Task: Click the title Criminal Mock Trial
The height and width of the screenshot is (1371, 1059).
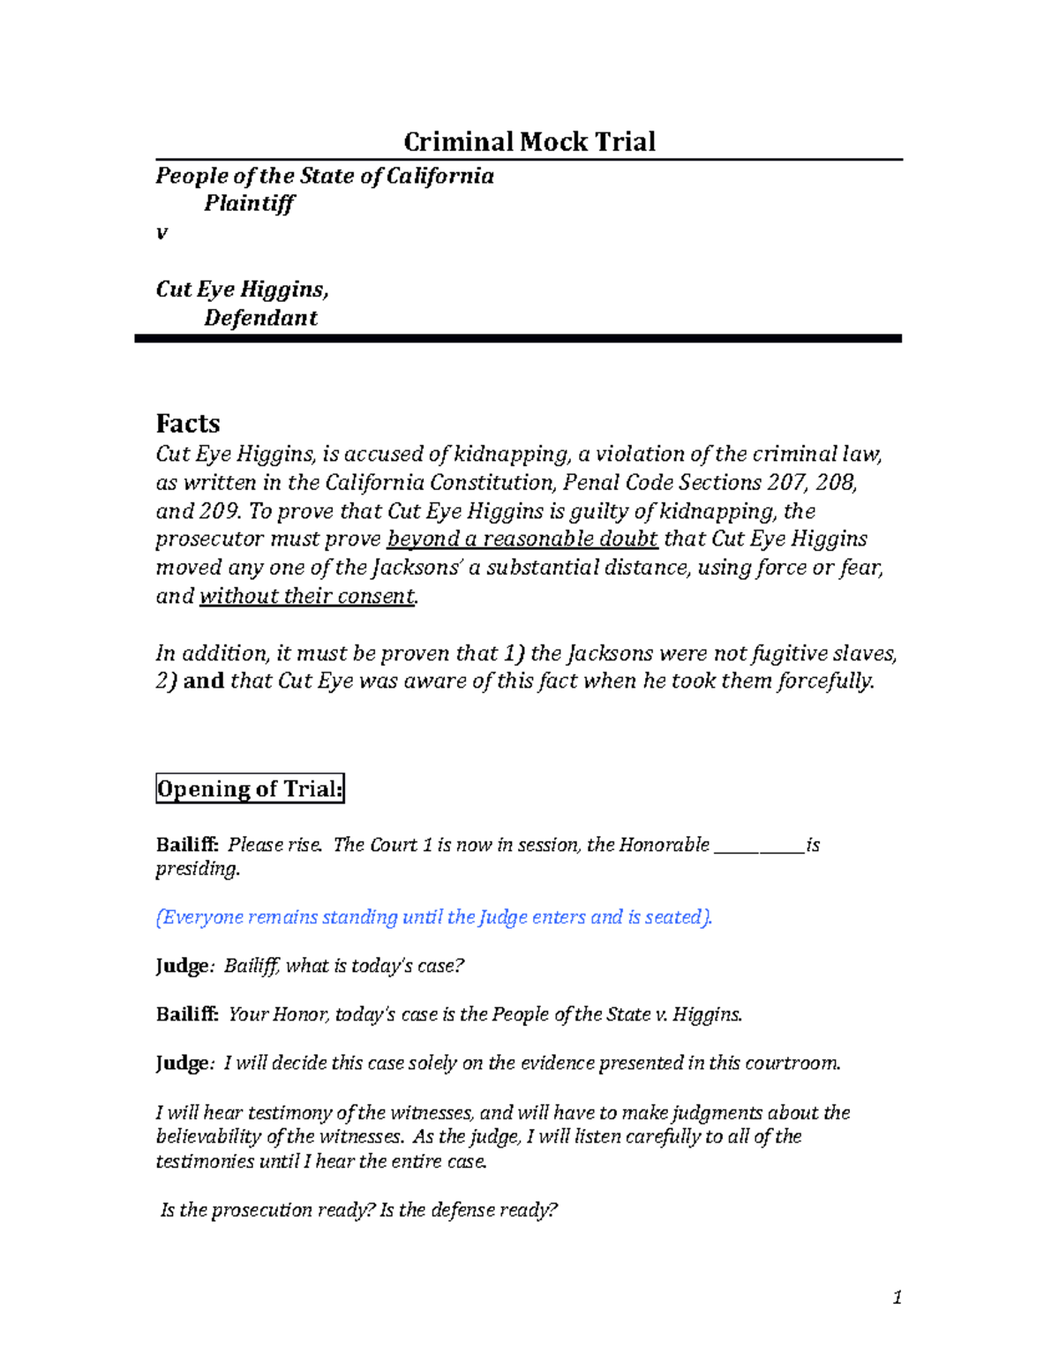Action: [529, 141]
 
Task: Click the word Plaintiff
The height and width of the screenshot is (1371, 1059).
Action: [249, 204]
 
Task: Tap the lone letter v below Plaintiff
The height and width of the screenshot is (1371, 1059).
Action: [161, 233]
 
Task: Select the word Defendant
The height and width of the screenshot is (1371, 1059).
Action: [260, 318]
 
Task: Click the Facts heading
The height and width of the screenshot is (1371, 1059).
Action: [187, 424]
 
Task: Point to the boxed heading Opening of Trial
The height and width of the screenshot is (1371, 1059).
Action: [250, 788]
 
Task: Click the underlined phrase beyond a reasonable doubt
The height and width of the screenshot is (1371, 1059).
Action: [522, 539]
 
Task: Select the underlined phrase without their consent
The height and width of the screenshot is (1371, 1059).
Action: [307, 596]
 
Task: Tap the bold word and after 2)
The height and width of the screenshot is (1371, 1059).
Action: [203, 681]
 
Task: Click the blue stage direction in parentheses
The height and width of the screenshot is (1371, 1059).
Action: [433, 917]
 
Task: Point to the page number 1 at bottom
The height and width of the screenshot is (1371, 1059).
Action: [897, 1297]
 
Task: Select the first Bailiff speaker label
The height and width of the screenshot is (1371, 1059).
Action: [187, 845]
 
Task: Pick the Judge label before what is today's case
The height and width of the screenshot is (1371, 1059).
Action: [184, 966]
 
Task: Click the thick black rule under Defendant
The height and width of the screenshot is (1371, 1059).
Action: [517, 338]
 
